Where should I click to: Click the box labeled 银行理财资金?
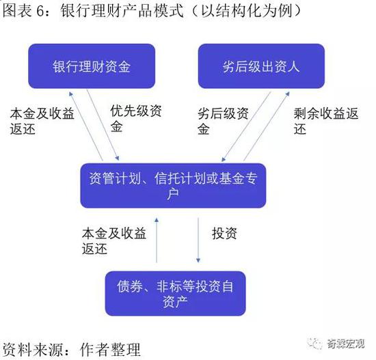tap(92, 66)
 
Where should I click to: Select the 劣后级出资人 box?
tap(261, 66)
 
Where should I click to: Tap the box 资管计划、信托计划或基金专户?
tap(173, 186)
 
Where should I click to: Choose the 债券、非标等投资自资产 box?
tap(175, 293)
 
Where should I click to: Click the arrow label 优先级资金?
tap(136, 118)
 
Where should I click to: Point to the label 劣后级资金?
tap(223, 121)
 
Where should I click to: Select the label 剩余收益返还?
tap(326, 121)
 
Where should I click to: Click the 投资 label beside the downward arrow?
tap(224, 233)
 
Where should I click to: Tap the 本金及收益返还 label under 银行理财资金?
tap(42, 121)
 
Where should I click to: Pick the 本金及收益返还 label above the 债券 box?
tap(114, 240)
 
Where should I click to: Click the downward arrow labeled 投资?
tap(198, 240)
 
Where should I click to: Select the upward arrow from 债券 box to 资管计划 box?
tap(157, 240)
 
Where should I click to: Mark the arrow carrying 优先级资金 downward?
tap(103, 125)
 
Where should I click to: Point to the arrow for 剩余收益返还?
tap(267, 126)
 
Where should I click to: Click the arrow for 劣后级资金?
tap(246, 126)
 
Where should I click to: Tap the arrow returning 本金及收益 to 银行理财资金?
tap(86, 126)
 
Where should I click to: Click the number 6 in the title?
tap(40, 11)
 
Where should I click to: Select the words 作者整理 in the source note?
tap(110, 350)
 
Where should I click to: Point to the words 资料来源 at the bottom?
tap(33, 350)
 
